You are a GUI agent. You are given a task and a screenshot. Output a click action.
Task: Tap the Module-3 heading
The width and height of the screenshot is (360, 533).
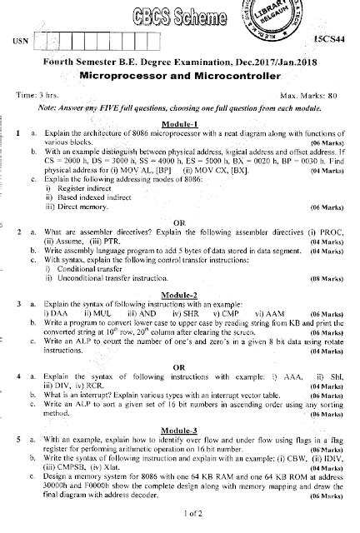coord(184,428)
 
